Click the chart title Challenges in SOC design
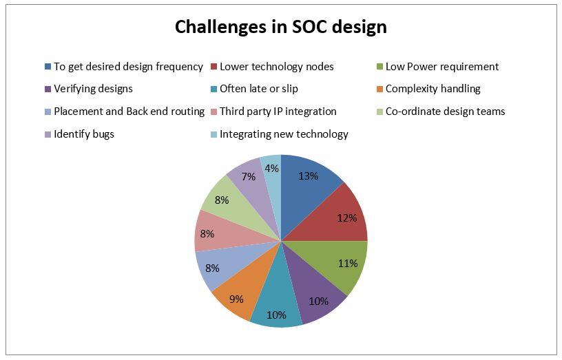click(x=280, y=28)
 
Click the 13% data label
click(x=309, y=176)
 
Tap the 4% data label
click(x=271, y=168)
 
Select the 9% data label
click(x=236, y=299)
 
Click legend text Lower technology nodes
click(x=277, y=67)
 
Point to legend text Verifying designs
click(x=93, y=89)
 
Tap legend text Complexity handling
click(x=433, y=89)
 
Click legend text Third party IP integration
click(x=278, y=112)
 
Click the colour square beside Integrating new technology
click(x=214, y=134)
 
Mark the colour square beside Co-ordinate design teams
click(x=380, y=112)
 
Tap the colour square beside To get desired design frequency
click(x=48, y=67)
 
